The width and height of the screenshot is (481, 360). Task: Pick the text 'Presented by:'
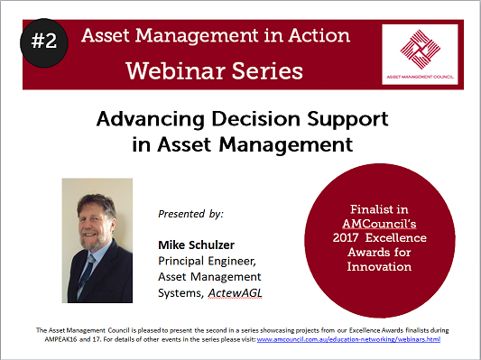point(190,215)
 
